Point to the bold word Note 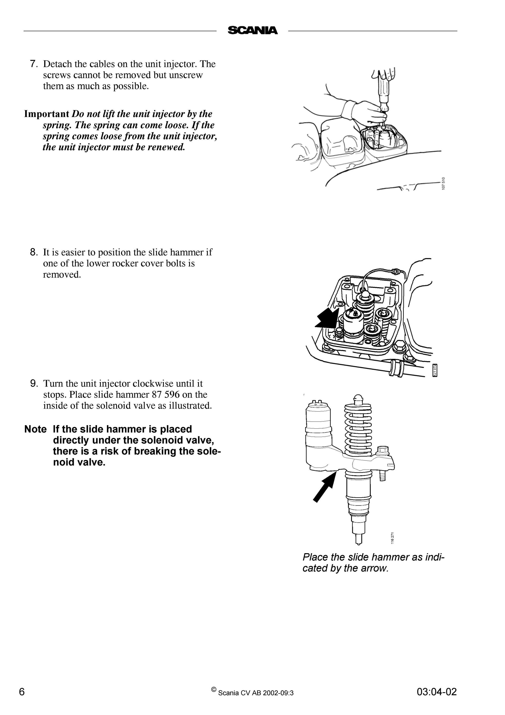(x=35, y=429)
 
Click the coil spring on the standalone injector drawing (x=358, y=429)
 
